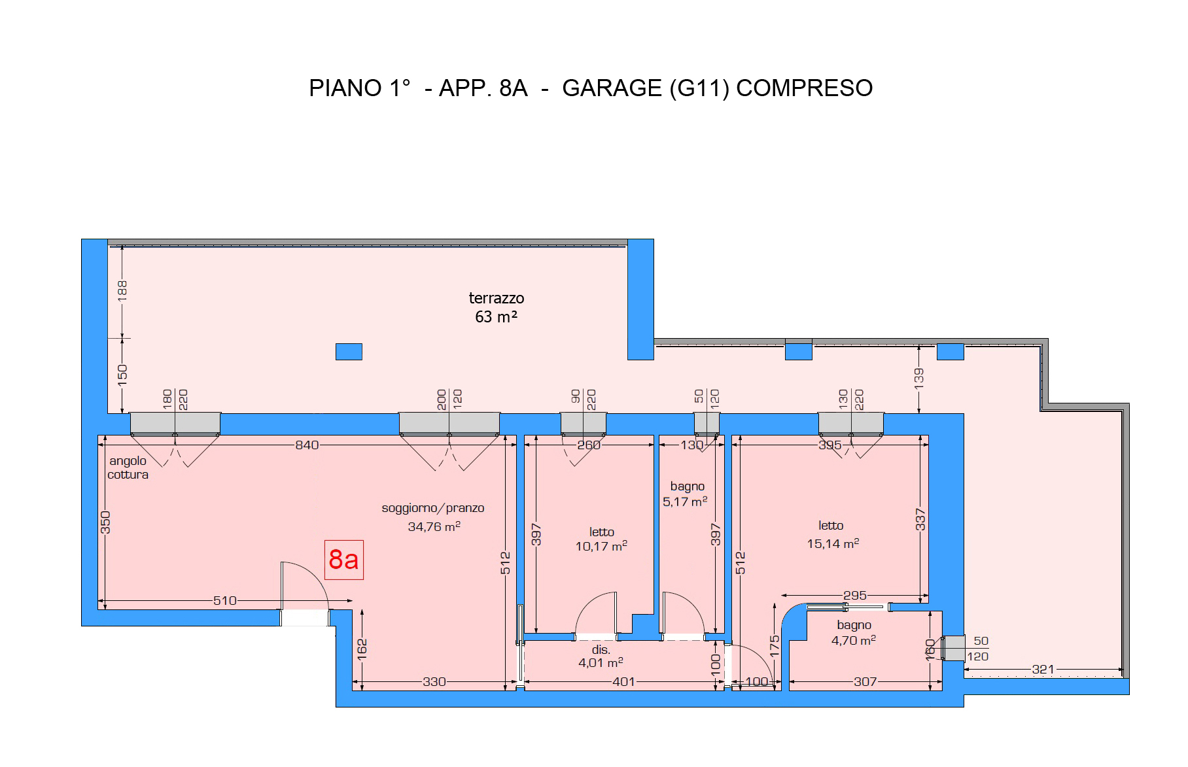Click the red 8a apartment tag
coord(344,560)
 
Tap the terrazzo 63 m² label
coord(497,307)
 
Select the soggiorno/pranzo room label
coord(433,508)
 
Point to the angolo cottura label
coord(128,468)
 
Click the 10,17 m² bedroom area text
coord(601,546)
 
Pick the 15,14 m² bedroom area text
coord(833,543)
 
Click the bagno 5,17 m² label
coord(686,494)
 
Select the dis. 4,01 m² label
coord(601,656)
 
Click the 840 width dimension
coord(307,445)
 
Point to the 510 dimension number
coord(225,600)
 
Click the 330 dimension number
coord(434,681)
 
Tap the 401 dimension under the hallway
coord(623,681)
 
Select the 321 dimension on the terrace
coord(1043,669)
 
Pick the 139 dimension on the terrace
coord(918,378)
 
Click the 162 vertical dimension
coord(362,649)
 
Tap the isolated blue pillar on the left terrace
coord(349,352)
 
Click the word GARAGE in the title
coord(612,88)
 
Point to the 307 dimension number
coord(865,681)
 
